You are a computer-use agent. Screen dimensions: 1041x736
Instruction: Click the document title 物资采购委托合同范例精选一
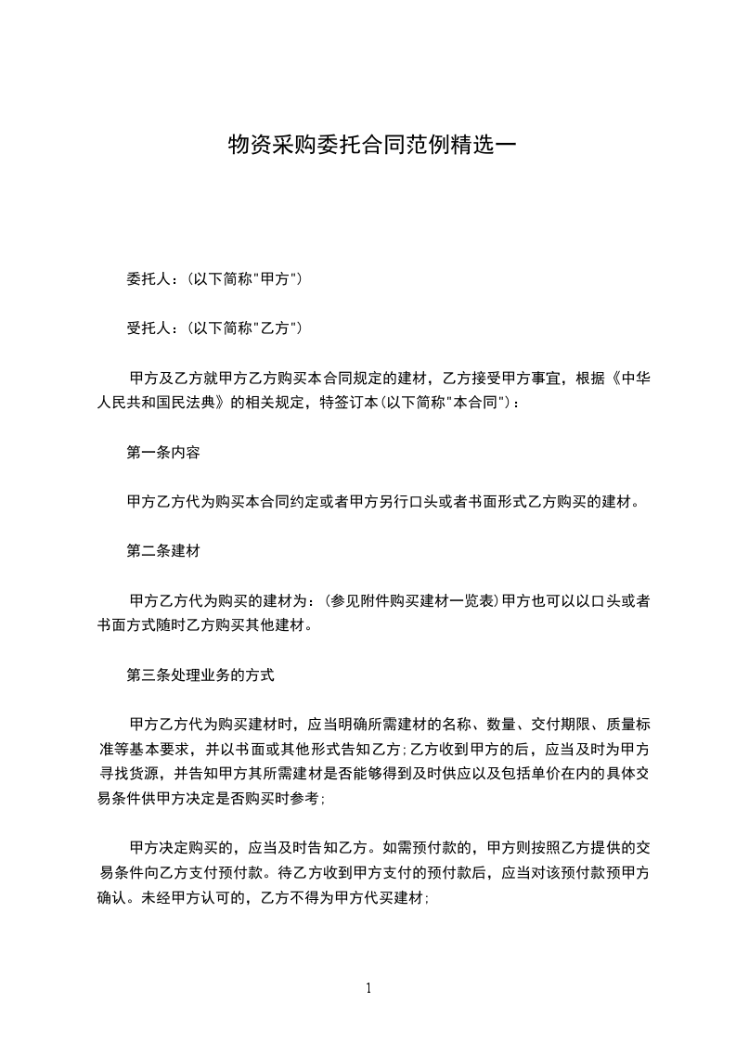click(x=369, y=146)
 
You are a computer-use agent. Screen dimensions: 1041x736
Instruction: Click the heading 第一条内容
click(x=162, y=453)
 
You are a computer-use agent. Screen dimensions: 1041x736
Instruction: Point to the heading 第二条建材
click(x=162, y=550)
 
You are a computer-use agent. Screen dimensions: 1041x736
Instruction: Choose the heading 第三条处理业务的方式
click(x=200, y=675)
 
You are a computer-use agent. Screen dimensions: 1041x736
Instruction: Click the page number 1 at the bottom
click(x=368, y=988)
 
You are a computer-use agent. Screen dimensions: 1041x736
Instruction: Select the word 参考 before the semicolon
click(x=305, y=798)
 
